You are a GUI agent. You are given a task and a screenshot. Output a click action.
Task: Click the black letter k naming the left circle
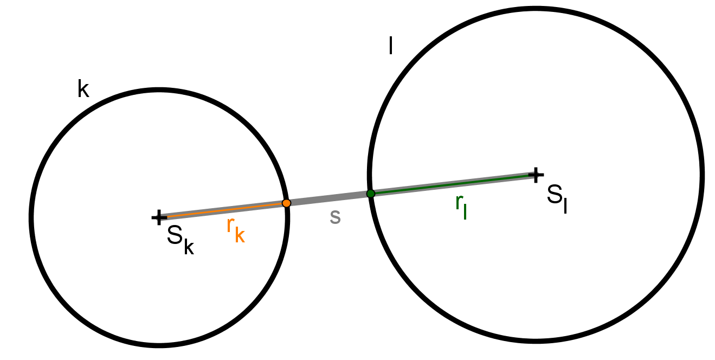click(83, 89)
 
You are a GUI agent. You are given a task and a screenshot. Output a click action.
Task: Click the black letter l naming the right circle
click(391, 46)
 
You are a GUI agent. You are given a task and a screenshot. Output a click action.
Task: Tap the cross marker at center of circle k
click(159, 217)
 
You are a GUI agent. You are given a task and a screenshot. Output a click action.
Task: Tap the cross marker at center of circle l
click(536, 175)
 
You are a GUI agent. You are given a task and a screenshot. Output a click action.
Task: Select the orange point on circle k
click(287, 203)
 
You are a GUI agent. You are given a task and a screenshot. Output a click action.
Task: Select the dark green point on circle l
click(371, 194)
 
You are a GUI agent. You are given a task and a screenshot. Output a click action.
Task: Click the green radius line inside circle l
click(453, 184)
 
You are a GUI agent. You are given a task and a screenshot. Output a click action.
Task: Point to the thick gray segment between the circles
click(329, 198)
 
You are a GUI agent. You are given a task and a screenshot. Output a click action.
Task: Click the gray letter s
click(335, 217)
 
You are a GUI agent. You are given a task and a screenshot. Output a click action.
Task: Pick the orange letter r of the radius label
click(230, 225)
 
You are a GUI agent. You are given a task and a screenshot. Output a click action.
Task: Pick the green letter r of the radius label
click(459, 202)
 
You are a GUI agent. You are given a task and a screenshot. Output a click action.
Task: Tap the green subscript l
click(465, 211)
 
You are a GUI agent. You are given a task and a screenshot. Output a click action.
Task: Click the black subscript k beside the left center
click(189, 246)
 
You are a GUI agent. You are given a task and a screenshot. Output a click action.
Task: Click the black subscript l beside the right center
click(565, 204)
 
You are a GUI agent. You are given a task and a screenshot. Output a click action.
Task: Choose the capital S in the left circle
click(175, 235)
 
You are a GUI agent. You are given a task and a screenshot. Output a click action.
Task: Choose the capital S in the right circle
click(555, 194)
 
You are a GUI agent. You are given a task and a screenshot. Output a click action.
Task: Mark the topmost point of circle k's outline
click(159, 89)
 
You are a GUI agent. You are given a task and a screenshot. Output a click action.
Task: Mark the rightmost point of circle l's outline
click(702, 175)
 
